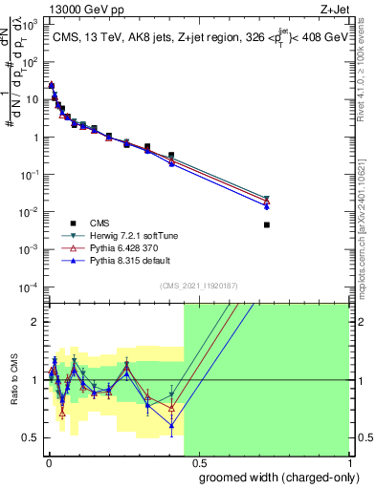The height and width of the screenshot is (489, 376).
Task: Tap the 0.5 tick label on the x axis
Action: pos(198,462)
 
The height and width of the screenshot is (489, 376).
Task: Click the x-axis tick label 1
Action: pos(348,462)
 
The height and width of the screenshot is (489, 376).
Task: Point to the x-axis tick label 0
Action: pos(48,462)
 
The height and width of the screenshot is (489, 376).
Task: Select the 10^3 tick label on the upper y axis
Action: pos(32,24)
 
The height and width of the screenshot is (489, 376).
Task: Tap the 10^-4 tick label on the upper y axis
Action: pos(32,287)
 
